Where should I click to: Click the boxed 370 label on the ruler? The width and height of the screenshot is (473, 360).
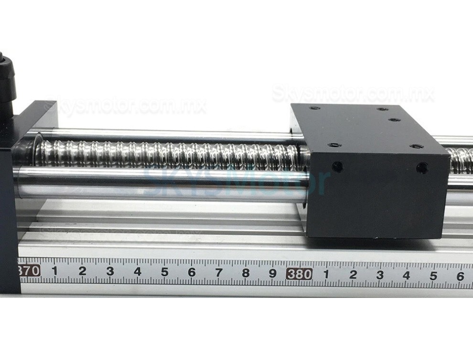click(29, 271)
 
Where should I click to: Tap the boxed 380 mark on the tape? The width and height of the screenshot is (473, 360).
click(300, 274)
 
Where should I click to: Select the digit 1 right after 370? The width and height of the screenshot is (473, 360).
click(54, 271)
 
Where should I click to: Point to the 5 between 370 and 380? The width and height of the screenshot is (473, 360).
click(165, 272)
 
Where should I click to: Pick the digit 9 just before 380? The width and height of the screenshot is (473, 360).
click(273, 274)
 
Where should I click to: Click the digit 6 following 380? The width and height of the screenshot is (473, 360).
click(460, 276)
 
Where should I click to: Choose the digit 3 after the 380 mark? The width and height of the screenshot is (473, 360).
click(380, 275)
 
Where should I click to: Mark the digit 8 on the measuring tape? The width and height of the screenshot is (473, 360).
click(246, 273)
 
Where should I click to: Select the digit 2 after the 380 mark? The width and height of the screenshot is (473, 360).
click(353, 275)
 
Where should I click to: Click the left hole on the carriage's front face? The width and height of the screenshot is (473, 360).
click(337, 167)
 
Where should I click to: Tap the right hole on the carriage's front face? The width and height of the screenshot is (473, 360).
click(422, 168)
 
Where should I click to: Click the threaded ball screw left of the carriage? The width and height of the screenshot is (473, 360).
click(167, 154)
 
